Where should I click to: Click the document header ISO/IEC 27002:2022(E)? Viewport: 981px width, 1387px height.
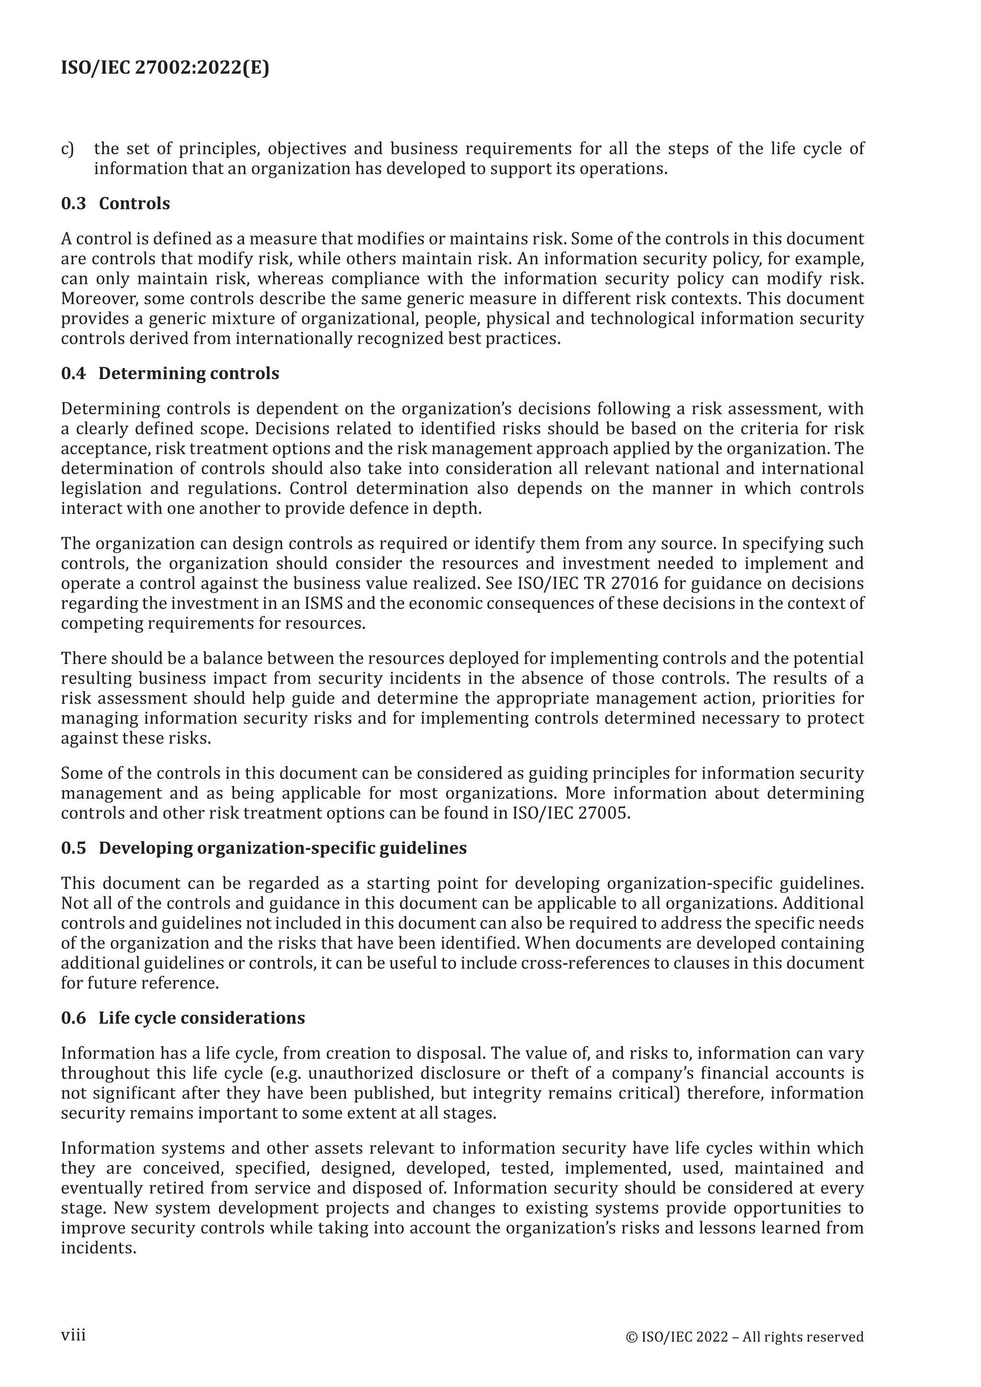click(165, 68)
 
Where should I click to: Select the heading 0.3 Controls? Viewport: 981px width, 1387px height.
click(115, 204)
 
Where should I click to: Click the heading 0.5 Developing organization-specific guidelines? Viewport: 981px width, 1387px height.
click(263, 848)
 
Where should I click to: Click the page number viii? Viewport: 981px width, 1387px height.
click(73, 1334)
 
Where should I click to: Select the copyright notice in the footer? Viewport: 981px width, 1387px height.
click(744, 1337)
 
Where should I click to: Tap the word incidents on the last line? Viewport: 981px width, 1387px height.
click(98, 1248)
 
